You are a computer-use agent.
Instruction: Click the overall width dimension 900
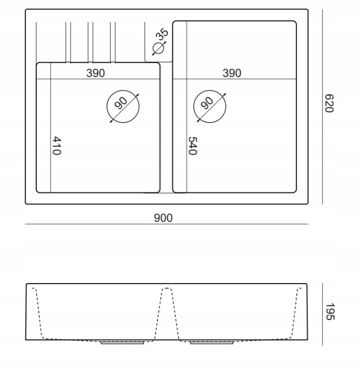[x=163, y=218]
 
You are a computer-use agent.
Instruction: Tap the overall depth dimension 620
[x=329, y=104]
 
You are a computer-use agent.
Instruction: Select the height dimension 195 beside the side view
[x=330, y=312]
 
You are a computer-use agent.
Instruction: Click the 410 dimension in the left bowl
[x=56, y=146]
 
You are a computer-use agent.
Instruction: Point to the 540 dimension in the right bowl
[x=193, y=146]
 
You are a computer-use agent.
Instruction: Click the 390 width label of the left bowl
[x=96, y=73]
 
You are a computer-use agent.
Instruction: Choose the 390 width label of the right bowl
[x=231, y=73]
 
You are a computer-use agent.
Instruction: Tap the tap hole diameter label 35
[x=162, y=34]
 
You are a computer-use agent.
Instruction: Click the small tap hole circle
[x=158, y=49]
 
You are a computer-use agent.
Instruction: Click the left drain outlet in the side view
[x=122, y=342]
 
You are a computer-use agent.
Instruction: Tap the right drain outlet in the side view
[x=211, y=342]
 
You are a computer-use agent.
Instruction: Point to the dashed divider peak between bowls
[x=167, y=288]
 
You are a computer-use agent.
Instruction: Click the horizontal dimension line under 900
[x=167, y=224]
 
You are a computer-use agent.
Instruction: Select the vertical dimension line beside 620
[x=322, y=106]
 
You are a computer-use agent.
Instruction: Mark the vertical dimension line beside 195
[x=322, y=314]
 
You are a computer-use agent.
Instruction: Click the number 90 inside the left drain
[x=121, y=103]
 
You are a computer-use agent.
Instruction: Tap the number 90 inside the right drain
[x=207, y=103]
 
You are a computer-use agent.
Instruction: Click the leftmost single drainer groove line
[x=36, y=42]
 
